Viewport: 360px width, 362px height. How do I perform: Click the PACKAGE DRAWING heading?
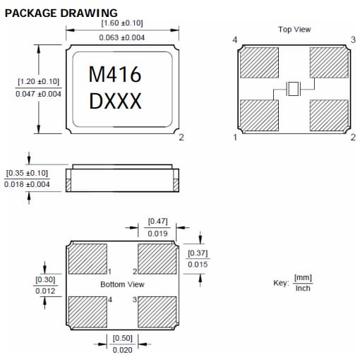(x=61, y=13)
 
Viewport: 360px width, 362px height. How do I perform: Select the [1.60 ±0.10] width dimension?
(x=122, y=24)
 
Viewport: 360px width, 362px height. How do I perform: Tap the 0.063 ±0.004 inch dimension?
(x=122, y=37)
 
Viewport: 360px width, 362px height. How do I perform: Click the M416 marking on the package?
(x=115, y=75)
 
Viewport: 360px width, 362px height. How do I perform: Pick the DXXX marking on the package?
(x=115, y=102)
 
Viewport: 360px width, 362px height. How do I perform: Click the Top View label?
(x=294, y=30)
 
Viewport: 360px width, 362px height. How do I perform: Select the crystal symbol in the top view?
(x=294, y=89)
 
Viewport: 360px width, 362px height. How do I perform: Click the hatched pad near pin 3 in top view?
(x=329, y=63)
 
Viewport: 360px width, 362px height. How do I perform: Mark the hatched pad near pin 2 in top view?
(x=329, y=114)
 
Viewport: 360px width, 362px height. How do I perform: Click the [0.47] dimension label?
(x=158, y=222)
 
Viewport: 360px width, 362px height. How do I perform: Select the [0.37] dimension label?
(x=198, y=253)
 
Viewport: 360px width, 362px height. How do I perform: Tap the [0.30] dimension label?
(x=46, y=279)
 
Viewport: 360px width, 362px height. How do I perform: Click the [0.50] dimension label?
(x=122, y=338)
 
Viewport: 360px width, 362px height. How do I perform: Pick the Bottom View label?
(x=122, y=284)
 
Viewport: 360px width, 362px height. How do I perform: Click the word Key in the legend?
(x=280, y=283)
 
